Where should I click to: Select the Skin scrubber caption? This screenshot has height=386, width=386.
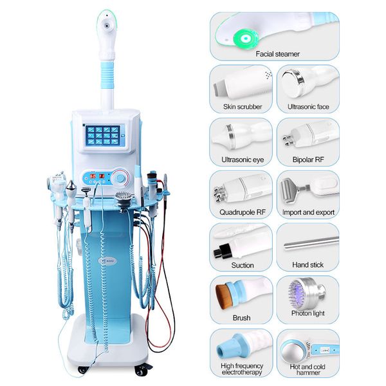pos(237,107)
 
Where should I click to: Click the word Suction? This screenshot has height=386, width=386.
pos(242,265)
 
